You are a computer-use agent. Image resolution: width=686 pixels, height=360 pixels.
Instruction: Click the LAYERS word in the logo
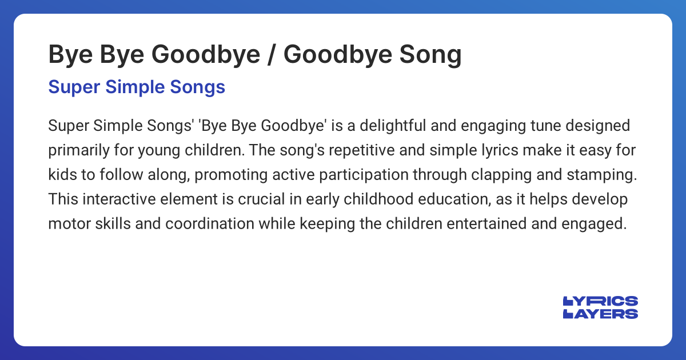point(600,313)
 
